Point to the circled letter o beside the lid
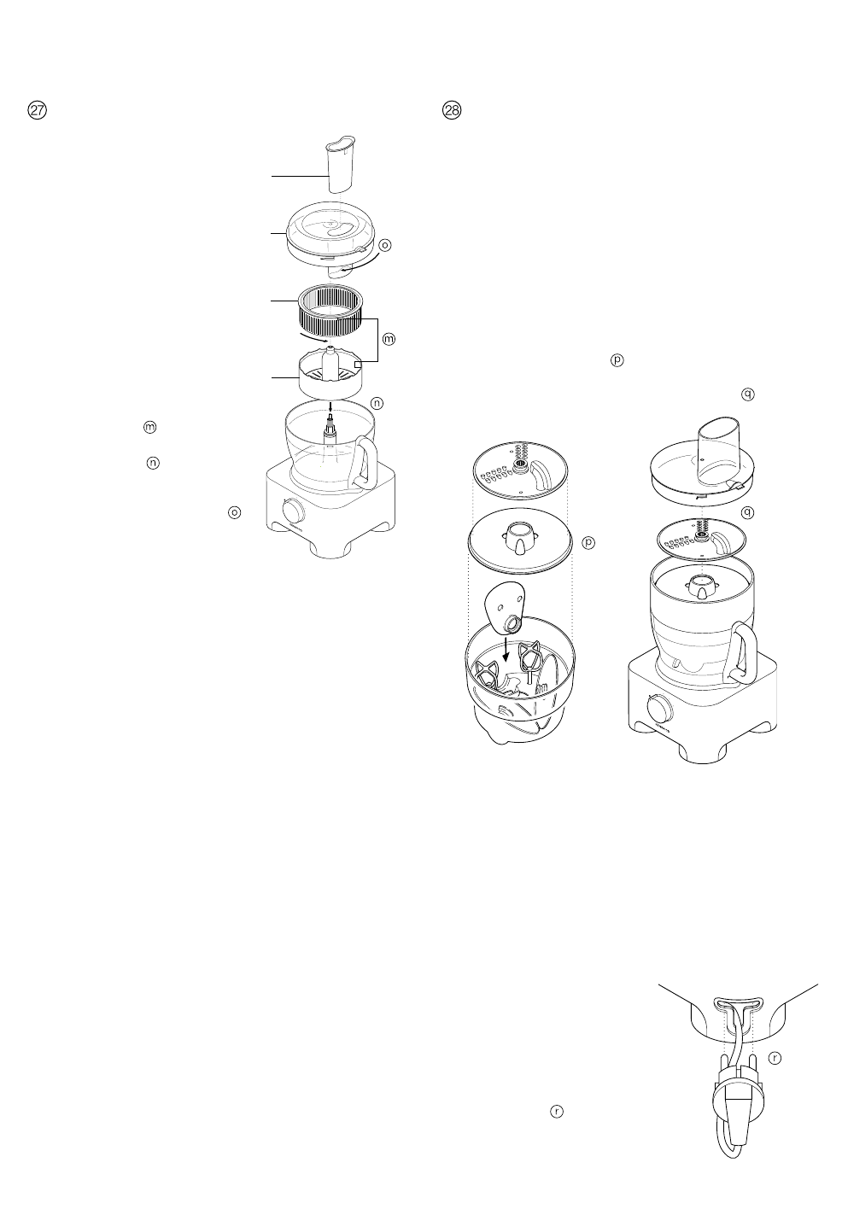(384, 245)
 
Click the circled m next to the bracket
(388, 340)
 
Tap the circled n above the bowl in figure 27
(376, 402)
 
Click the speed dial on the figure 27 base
(294, 511)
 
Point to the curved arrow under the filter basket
(313, 343)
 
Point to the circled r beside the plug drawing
(775, 1058)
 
